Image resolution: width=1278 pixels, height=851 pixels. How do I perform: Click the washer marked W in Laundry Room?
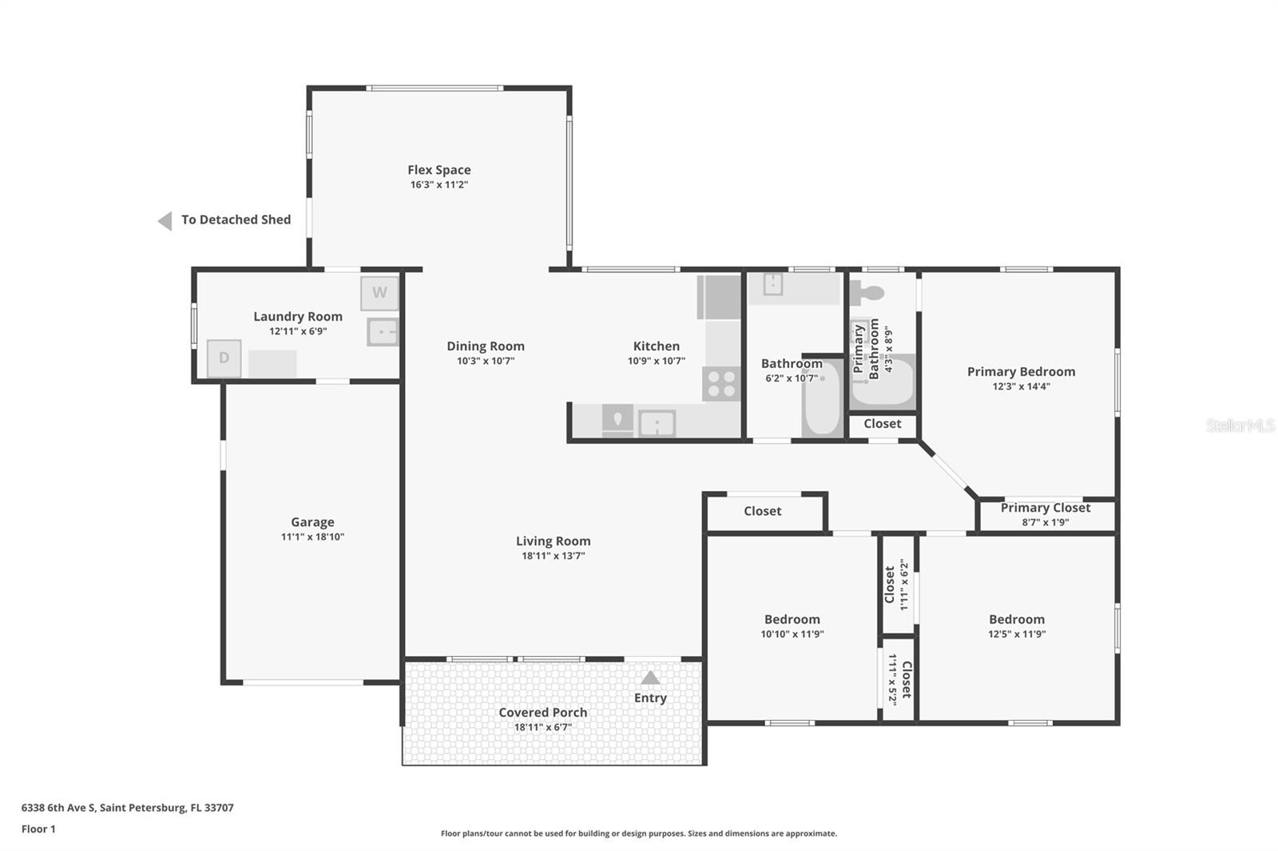pos(379,293)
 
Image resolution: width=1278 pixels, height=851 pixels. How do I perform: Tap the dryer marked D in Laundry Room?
pos(224,358)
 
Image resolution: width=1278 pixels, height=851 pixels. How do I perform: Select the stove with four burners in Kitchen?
pos(721,384)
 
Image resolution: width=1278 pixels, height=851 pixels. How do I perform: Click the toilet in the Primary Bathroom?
pos(867,293)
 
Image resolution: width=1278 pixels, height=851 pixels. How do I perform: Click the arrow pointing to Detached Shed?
pos(165,221)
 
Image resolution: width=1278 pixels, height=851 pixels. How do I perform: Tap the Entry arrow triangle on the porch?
pos(650,678)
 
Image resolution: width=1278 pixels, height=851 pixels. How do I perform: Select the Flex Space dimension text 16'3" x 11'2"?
pos(439,184)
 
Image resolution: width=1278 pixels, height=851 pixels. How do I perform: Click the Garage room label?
pos(312,522)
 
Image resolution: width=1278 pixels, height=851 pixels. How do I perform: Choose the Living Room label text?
pos(553,541)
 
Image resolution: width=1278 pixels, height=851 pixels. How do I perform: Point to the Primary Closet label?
pos(1045,508)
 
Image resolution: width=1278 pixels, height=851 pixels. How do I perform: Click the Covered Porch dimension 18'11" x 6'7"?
pos(542,727)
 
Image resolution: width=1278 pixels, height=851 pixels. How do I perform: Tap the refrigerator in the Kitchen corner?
pos(720,297)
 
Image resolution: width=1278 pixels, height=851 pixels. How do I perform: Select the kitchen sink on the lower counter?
pos(657,423)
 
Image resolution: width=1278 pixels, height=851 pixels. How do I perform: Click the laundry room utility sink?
pos(383,331)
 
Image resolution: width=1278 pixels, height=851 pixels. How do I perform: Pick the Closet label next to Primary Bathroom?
pos(882,424)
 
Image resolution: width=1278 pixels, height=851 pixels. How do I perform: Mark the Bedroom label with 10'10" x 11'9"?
pos(792,619)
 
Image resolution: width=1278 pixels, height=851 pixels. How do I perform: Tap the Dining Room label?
pos(485,346)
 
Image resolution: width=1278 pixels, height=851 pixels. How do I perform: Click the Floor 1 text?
pos(38,829)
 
